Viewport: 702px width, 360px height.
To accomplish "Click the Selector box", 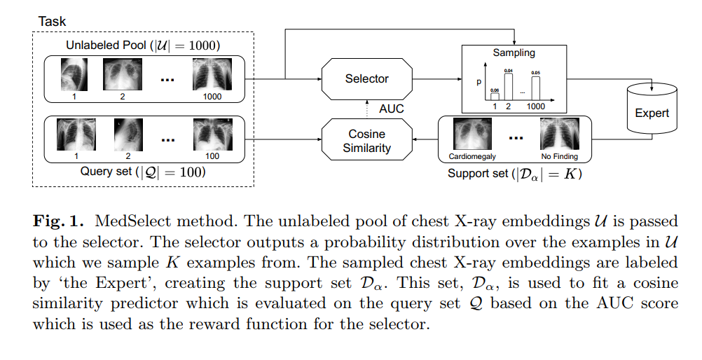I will point(366,78).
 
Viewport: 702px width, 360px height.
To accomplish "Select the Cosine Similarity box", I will point(366,140).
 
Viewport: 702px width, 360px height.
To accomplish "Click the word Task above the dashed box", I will point(52,21).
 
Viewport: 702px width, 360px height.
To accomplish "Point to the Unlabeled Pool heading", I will point(144,46).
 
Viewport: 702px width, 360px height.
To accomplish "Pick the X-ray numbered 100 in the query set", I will point(212,136).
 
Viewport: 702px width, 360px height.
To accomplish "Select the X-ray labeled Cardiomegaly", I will point(470,136).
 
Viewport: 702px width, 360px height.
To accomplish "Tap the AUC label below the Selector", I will point(391,109).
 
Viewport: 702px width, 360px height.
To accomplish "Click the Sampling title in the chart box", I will point(515,53).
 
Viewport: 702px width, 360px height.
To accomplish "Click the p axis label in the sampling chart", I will point(479,82).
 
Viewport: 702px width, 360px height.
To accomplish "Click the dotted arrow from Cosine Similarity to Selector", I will point(366,109).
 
